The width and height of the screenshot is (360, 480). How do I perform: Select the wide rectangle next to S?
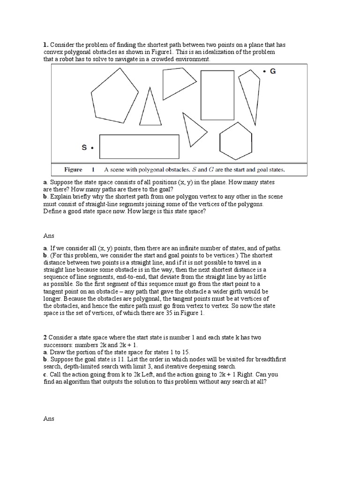pyautogui.click(x=139, y=146)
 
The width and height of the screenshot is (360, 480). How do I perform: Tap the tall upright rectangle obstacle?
pyautogui.click(x=217, y=96)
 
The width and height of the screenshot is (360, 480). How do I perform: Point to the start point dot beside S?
pyautogui.click(x=92, y=148)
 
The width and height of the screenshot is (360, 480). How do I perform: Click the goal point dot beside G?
pyautogui.click(x=264, y=71)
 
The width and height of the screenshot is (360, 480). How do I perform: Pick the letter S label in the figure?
pyautogui.click(x=84, y=148)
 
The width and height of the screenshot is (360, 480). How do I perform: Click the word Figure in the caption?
pyautogui.click(x=73, y=170)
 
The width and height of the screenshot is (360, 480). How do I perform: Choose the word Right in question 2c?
pyautogui.click(x=235, y=374)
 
